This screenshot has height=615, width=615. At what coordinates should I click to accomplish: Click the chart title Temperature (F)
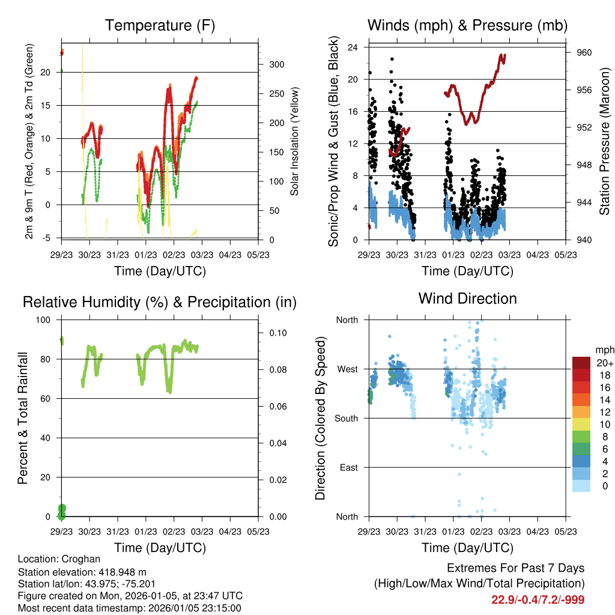160,26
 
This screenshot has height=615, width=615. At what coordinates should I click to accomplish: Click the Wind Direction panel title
467,298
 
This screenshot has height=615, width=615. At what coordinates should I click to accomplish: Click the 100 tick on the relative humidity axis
45,320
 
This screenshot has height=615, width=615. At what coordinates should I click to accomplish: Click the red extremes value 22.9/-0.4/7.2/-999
538,599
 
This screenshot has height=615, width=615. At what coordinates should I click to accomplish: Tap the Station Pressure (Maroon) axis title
604,142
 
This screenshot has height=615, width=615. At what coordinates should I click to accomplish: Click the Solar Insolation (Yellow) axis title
295,142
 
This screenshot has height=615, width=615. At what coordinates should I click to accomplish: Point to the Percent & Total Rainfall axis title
22,418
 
